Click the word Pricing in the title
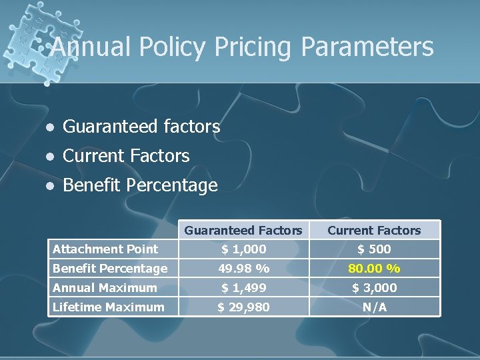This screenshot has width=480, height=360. point(249,47)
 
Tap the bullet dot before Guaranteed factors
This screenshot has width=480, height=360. point(48,127)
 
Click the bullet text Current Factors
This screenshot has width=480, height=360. point(126,156)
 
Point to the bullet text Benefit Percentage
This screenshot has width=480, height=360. point(140,185)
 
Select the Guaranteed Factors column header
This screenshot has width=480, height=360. point(243,231)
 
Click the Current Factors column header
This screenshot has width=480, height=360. point(374,231)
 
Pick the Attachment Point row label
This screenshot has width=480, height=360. point(105,249)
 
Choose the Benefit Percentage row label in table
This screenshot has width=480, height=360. point(110,269)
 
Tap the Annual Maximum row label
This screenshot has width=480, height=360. point(105,288)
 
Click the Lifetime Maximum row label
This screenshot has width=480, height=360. point(108,307)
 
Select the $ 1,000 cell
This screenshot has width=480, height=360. point(243,249)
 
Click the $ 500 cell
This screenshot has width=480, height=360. point(374,249)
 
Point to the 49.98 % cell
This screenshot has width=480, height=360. point(243,269)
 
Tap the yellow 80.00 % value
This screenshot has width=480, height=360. point(374,269)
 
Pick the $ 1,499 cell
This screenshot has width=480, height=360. point(243,288)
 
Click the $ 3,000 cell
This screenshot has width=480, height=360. point(374,288)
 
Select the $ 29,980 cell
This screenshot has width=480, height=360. point(243,307)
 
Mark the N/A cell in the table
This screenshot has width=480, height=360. point(374,307)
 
